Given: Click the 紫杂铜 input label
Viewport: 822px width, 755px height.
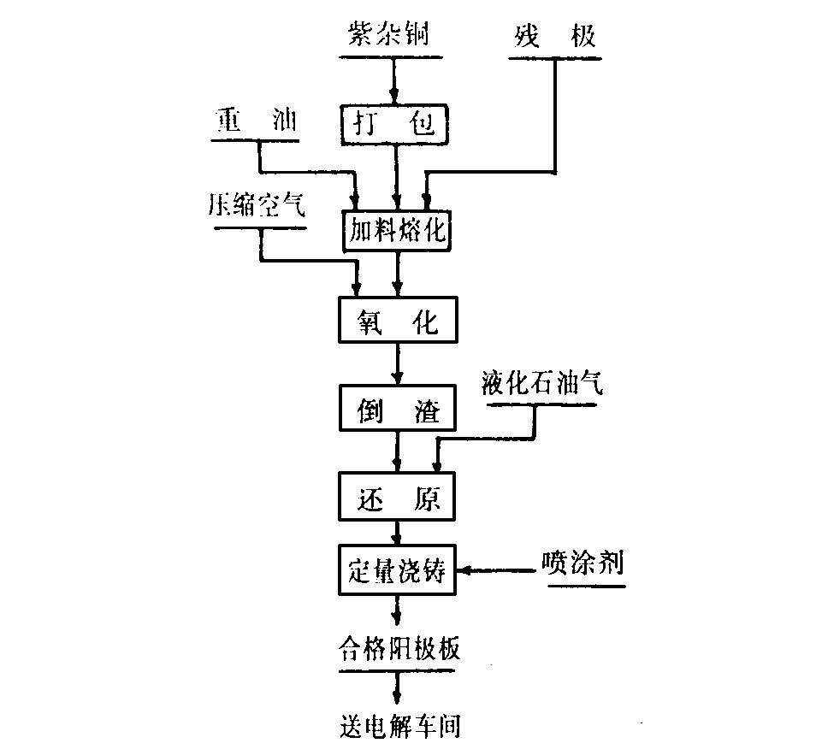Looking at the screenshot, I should (391, 36).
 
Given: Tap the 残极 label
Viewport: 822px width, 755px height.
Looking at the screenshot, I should (554, 36).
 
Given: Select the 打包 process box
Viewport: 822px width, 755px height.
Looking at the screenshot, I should (395, 123).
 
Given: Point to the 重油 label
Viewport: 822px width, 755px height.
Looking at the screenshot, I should (254, 121).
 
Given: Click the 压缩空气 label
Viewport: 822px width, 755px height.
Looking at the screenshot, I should (256, 205).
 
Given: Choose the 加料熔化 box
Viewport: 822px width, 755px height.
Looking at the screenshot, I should (395, 230).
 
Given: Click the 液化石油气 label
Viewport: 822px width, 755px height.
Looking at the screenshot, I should (541, 384).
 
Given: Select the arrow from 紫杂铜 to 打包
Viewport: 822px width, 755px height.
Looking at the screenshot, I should (395, 81).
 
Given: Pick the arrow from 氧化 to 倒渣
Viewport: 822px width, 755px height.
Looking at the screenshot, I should (397, 364).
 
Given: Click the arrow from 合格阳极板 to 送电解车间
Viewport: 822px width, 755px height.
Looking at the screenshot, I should (397, 687).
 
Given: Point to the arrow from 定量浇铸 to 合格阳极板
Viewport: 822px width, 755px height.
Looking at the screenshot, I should (397, 610).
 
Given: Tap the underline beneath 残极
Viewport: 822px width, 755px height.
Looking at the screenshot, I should (554, 59).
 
